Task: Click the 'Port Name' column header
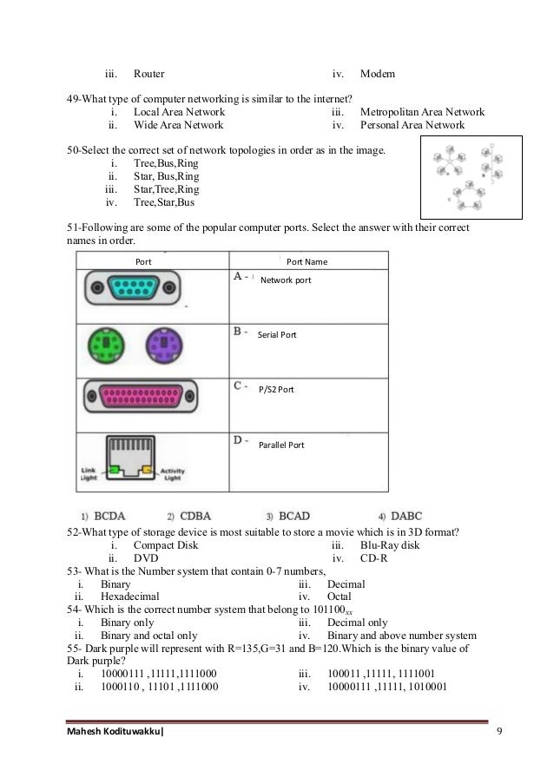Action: pos(307,260)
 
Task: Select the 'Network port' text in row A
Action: pos(286,280)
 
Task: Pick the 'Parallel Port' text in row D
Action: pos(281,445)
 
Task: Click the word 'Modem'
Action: pos(378,74)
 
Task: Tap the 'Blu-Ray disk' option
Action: pos(387,544)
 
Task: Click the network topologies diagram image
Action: pos(472,178)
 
